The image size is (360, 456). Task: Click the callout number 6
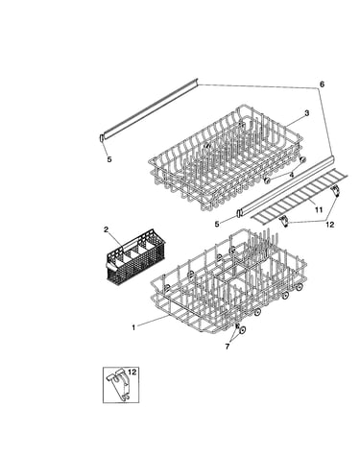pos(322,84)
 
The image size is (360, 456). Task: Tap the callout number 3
pos(306,113)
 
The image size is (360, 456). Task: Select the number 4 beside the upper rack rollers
pos(291,175)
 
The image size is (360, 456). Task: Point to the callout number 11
pos(319,209)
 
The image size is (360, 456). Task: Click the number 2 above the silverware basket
pos(107,229)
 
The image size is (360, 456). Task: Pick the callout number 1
pos(133,327)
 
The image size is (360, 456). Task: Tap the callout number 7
pos(228,347)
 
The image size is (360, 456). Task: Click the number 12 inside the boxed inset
pos(132,372)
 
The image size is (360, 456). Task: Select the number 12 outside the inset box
pos(329,225)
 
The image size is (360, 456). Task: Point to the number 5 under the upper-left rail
pos(109,159)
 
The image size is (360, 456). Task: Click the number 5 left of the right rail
pos(217,225)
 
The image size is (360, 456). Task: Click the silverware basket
pos(135,257)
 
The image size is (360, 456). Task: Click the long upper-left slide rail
pos(150,108)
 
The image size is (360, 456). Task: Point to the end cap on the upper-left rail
pos(102,138)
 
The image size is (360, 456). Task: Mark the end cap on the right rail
pos(239,213)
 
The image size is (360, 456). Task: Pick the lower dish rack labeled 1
pos(228,281)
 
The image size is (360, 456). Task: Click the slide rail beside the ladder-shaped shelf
pos(285,185)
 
